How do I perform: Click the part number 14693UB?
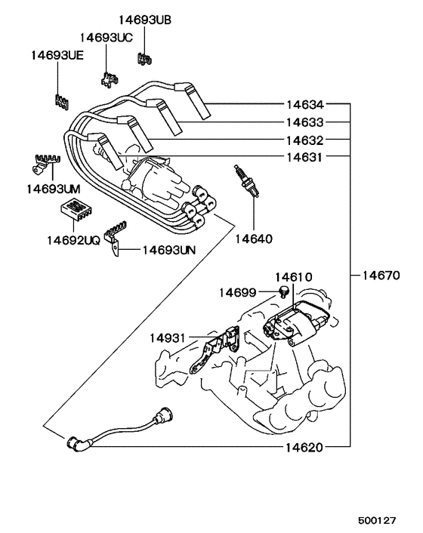point(145,20)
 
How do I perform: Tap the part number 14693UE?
point(57,55)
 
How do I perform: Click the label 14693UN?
point(168,249)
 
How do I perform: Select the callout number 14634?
point(304,104)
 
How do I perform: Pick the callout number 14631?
point(304,158)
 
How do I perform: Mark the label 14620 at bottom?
point(304,447)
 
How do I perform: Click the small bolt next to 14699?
point(284,292)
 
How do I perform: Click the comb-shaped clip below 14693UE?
point(60,101)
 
